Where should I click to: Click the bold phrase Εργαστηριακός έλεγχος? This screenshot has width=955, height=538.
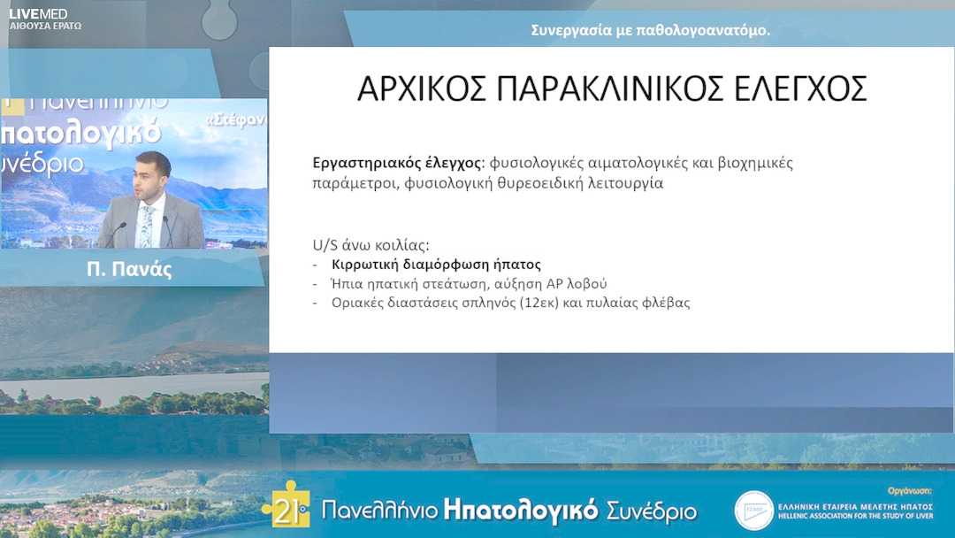(397, 164)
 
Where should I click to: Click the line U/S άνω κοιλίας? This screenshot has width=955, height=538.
(371, 244)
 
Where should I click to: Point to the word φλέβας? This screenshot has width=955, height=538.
(665, 303)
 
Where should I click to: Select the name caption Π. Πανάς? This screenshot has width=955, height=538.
(129, 270)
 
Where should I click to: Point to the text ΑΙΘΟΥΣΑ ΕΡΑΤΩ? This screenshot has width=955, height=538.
(45, 27)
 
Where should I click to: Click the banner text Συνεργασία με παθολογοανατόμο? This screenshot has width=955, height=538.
(650, 30)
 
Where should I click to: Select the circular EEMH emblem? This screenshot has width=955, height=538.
(753, 511)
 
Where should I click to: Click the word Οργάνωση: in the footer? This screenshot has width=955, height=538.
(910, 489)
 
